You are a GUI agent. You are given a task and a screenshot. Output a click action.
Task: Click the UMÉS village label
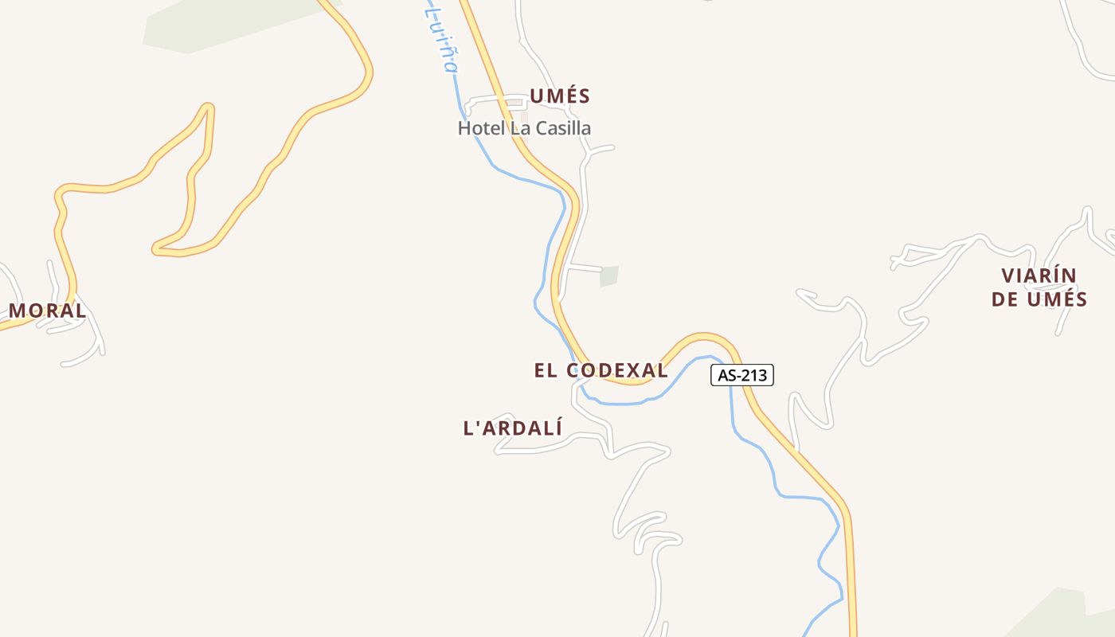(x=560, y=96)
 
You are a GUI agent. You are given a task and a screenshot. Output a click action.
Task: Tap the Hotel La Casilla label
(x=524, y=128)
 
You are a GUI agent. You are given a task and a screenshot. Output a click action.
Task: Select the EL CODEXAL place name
(x=601, y=370)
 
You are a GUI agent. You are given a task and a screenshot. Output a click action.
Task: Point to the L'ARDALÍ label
(x=513, y=428)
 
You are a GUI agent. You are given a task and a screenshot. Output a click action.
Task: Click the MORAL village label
(x=47, y=311)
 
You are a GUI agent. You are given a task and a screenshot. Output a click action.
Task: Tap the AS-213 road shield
(x=741, y=375)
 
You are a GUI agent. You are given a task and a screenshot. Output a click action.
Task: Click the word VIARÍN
(x=1039, y=276)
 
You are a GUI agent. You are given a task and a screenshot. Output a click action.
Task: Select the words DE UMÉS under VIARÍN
(x=1039, y=299)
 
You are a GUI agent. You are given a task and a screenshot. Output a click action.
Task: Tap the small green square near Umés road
(x=609, y=276)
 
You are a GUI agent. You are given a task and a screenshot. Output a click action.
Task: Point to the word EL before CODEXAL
(x=544, y=370)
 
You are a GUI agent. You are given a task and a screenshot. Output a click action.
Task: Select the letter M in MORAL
(x=18, y=311)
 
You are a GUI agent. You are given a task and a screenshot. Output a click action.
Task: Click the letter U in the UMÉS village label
(x=537, y=96)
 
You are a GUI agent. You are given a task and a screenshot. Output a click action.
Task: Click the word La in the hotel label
(x=519, y=128)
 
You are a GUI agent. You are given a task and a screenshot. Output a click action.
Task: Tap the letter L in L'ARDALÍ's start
(x=469, y=428)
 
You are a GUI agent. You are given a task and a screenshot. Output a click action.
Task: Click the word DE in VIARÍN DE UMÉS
(x=1005, y=299)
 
